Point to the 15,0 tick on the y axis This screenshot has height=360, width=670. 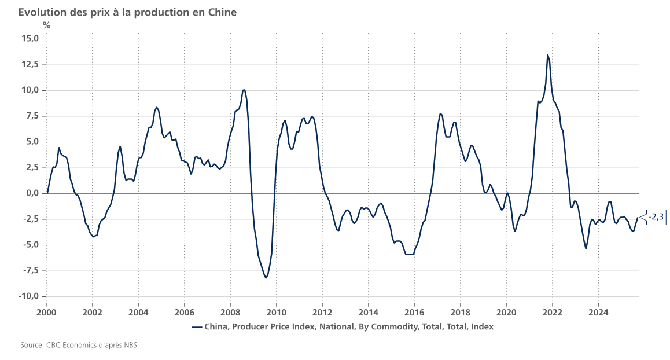pyautogui.click(x=28, y=39)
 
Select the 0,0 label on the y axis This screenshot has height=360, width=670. pyautogui.click(x=31, y=193)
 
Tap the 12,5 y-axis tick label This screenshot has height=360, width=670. pyautogui.click(x=28, y=64)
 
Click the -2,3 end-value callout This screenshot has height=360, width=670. pyautogui.click(x=656, y=217)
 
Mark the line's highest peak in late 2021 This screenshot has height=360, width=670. pyautogui.click(x=547, y=55)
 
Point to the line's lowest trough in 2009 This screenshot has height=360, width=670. pyautogui.click(x=266, y=278)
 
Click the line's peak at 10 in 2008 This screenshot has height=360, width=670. pyautogui.click(x=244, y=90)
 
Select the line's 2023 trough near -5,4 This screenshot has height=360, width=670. pyautogui.click(x=586, y=249)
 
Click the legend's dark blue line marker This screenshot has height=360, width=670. pyautogui.click(x=196, y=326)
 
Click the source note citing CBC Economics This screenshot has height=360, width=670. pyautogui.click(x=79, y=346)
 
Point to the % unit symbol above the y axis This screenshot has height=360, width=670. pyautogui.click(x=46, y=25)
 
